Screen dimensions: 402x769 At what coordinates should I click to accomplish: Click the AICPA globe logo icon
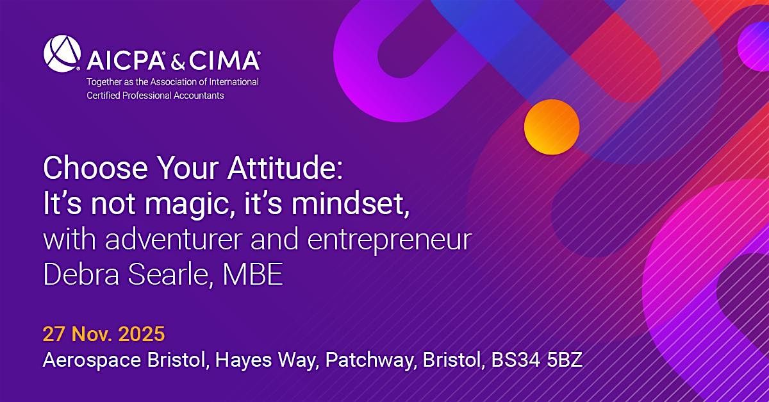click(61, 53)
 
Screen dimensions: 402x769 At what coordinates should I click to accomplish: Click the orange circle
click(551, 126)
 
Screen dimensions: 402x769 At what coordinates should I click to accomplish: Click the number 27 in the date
click(53, 334)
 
